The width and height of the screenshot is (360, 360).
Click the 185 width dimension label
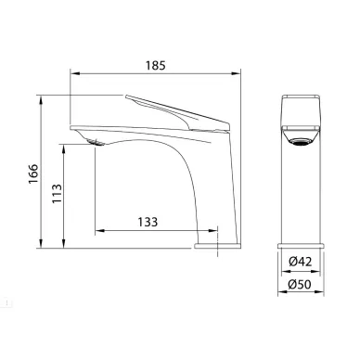156,66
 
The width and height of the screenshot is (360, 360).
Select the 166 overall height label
33,174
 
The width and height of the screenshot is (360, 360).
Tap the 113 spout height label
57,194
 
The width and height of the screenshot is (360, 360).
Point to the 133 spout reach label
148,222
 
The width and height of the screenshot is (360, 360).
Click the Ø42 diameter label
301,262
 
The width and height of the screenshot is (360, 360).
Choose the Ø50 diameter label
300,284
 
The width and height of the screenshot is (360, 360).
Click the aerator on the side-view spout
96,143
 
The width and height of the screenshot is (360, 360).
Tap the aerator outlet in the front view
301,142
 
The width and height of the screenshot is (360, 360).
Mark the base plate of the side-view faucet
217,246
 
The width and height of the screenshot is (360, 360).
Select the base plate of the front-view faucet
301,246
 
